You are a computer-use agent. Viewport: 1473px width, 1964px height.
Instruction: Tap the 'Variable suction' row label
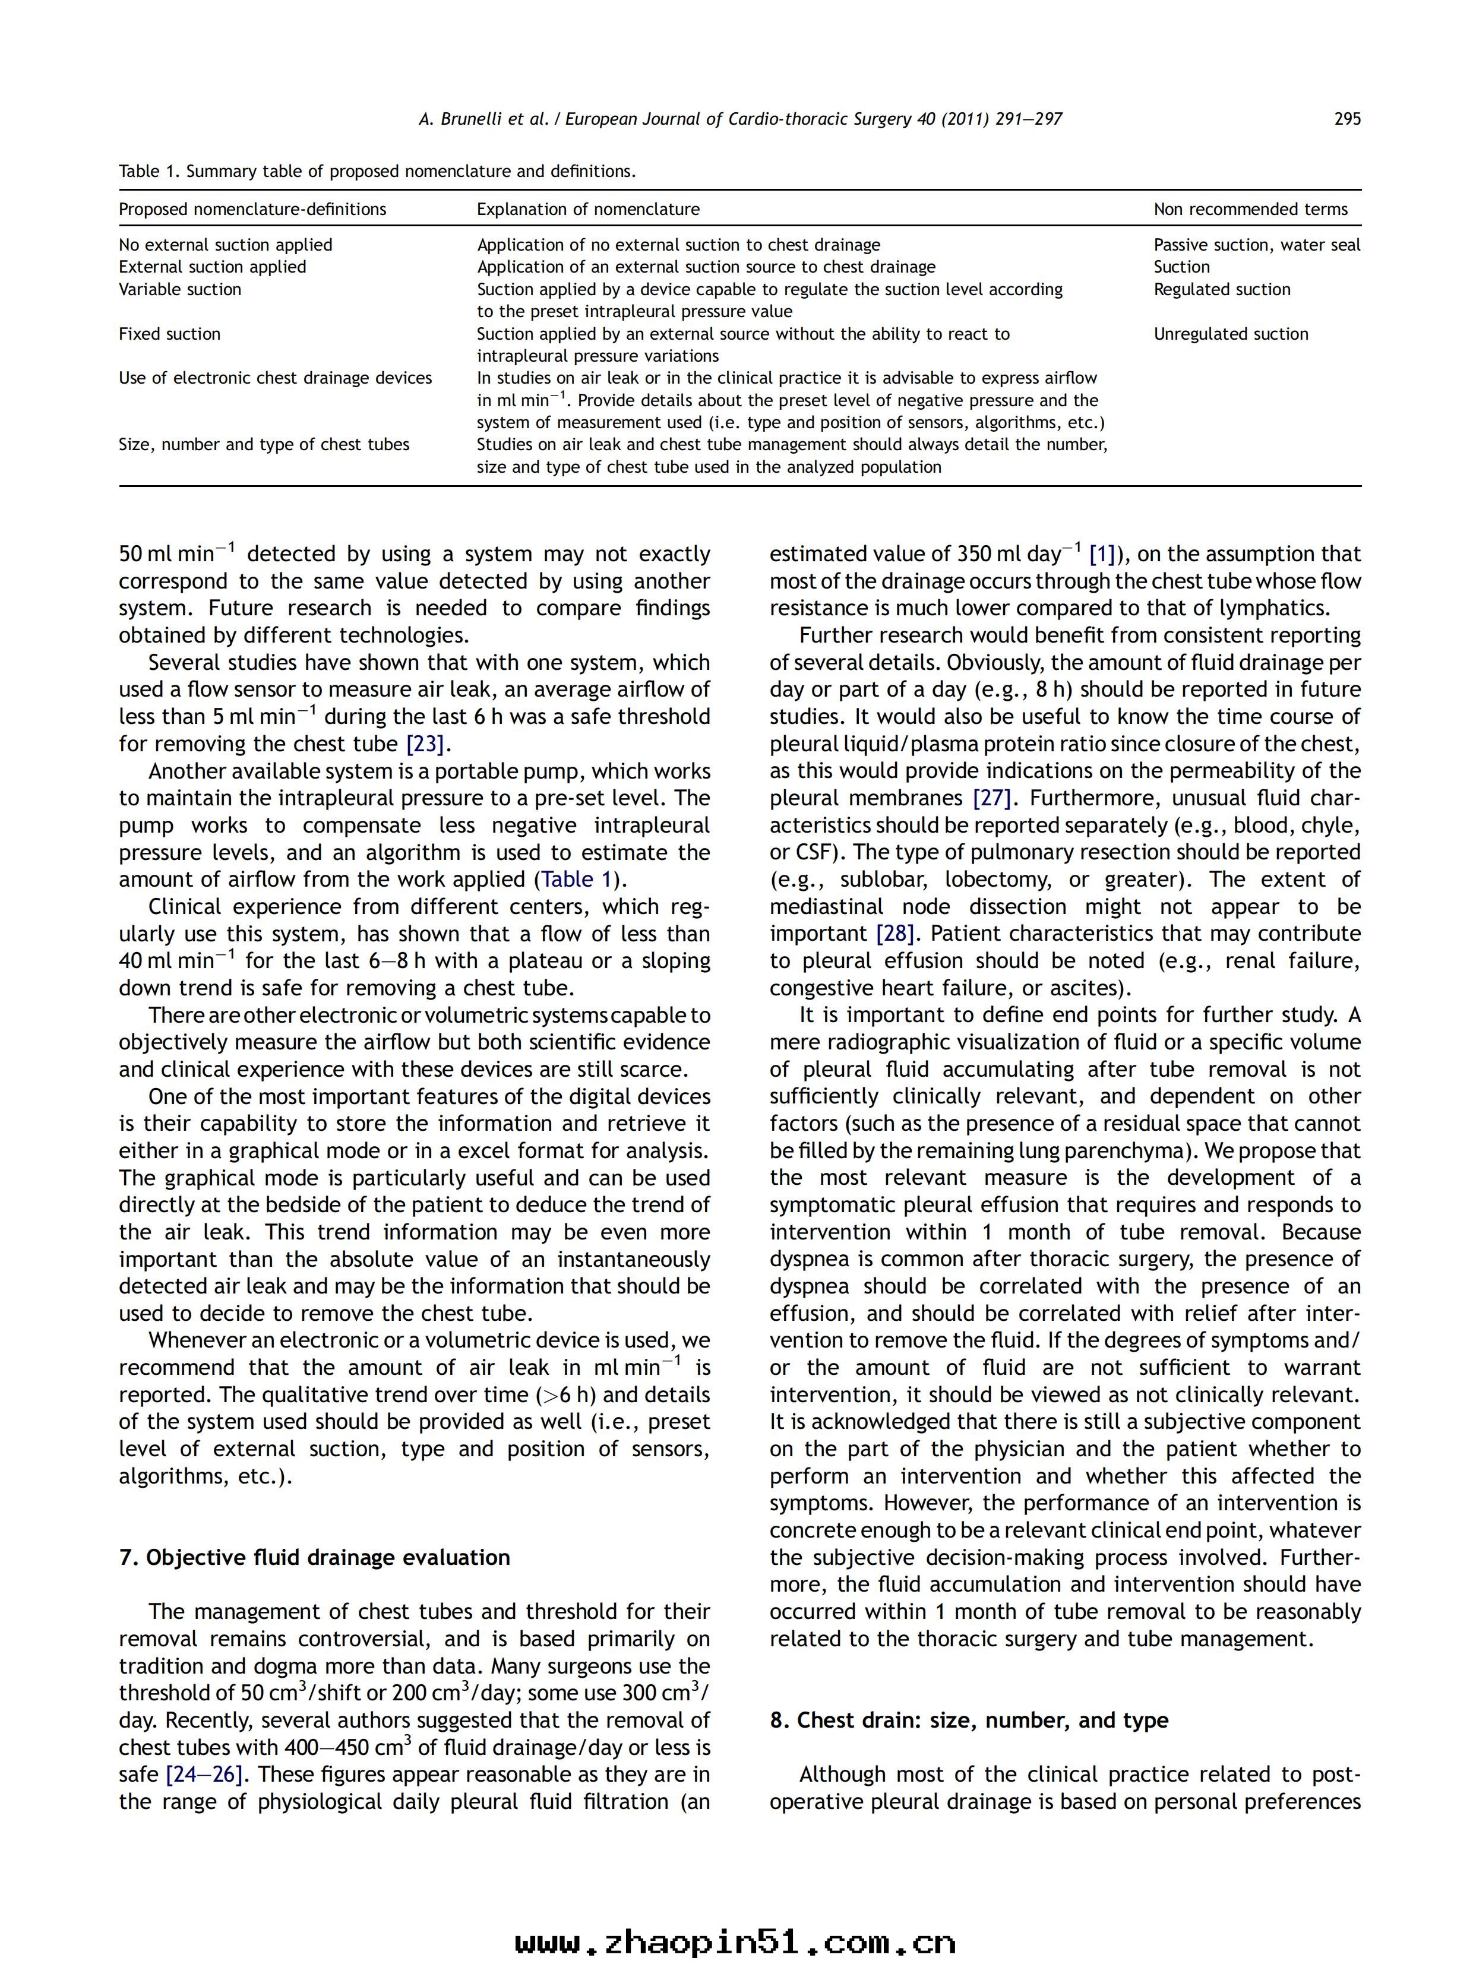coord(180,289)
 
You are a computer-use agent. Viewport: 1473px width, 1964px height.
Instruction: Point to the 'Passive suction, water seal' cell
coord(1256,245)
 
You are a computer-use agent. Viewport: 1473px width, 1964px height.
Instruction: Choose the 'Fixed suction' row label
coord(170,334)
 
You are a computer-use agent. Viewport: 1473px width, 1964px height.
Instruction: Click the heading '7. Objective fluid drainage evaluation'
coord(314,1557)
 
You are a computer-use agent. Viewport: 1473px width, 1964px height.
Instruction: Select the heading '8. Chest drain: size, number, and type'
coord(969,1720)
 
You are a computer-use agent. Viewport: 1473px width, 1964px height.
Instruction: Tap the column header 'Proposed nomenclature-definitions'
coord(252,210)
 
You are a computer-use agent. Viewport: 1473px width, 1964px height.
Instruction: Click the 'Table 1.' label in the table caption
coord(149,172)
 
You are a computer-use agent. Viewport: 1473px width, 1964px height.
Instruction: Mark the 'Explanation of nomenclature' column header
coord(588,210)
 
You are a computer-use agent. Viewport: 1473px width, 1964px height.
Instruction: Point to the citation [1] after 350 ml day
coord(1101,555)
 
